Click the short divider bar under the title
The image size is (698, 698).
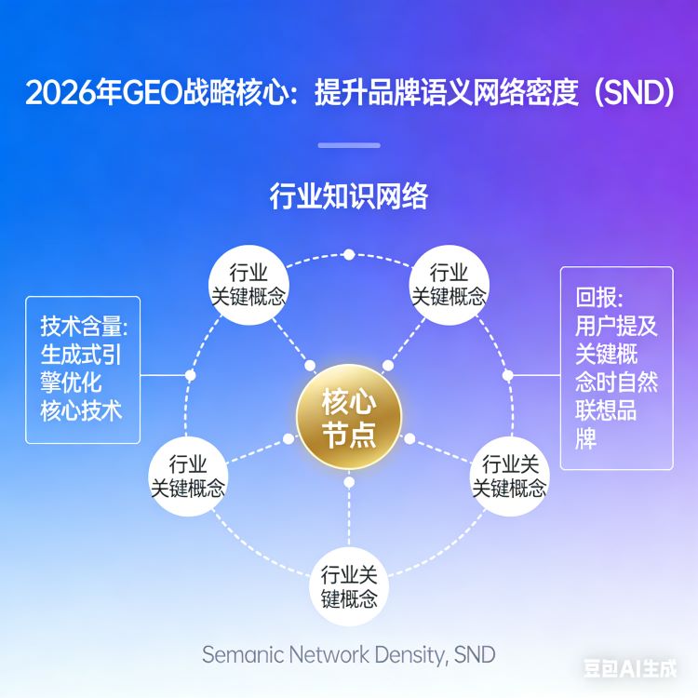tap(349, 145)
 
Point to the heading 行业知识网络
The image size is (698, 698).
tap(349, 197)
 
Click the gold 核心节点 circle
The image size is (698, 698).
tap(349, 421)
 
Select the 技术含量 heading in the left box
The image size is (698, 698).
tap(83, 327)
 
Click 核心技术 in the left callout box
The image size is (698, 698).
tap(81, 410)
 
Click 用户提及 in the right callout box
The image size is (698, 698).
tap(616, 326)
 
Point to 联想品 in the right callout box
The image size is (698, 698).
tap(606, 410)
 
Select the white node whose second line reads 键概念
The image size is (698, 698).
tap(349, 586)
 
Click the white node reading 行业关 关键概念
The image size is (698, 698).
tap(509, 476)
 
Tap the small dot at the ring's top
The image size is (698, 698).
tap(348, 254)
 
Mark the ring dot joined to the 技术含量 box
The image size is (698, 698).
tap(191, 375)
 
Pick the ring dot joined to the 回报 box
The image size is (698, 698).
tap(508, 375)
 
